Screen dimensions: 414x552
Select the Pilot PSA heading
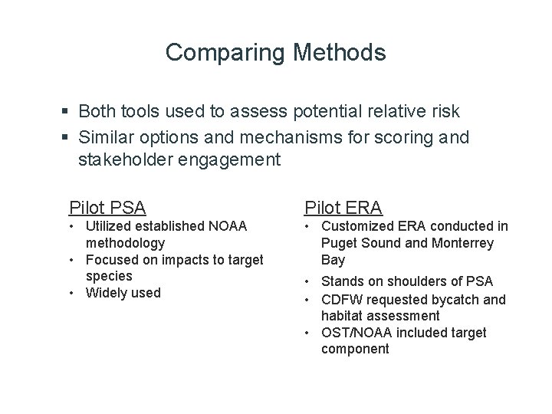tap(107, 207)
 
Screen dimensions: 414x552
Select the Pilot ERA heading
tap(343, 207)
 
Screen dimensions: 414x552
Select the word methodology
tap(125, 243)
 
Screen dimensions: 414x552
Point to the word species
tap(109, 276)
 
